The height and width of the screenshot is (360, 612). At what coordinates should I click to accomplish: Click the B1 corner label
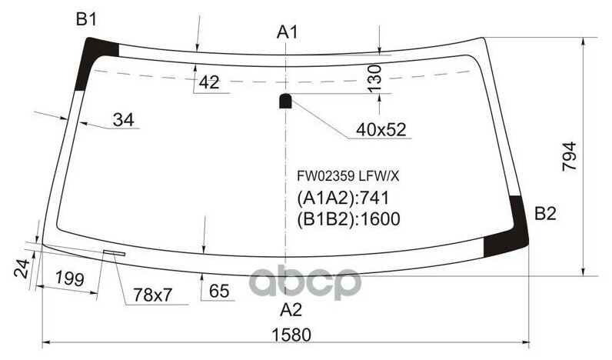click(x=86, y=20)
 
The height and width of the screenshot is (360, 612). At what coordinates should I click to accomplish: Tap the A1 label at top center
click(x=288, y=32)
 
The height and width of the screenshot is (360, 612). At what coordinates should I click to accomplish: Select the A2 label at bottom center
click(x=290, y=310)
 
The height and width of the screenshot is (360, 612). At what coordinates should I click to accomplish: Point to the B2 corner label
click(x=544, y=214)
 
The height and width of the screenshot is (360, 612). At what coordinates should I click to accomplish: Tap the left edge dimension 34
click(x=123, y=119)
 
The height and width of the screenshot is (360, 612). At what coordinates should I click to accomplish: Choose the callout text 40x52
click(x=380, y=130)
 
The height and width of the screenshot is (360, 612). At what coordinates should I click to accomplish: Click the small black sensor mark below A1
click(x=285, y=100)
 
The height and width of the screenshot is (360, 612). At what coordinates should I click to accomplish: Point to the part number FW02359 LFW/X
click(x=348, y=175)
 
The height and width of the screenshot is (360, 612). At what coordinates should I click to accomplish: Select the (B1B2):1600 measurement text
click(x=348, y=219)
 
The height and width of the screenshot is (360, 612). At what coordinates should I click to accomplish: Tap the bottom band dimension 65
click(x=219, y=291)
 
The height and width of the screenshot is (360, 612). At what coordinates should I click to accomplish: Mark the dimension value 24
click(x=22, y=269)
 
